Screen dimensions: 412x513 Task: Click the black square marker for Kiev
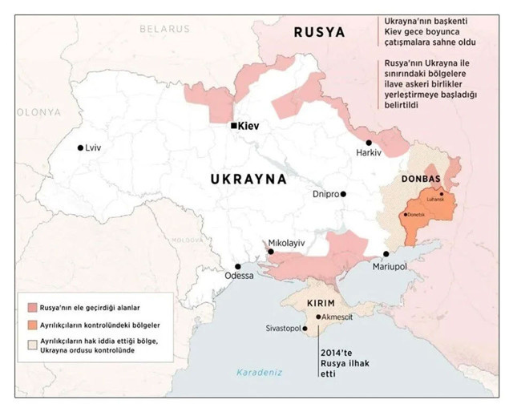(233, 126)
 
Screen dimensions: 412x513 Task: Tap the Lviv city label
(95, 148)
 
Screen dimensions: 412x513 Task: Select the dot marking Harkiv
(369, 142)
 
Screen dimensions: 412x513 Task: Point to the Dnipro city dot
(342, 193)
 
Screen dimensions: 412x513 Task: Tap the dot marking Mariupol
(386, 254)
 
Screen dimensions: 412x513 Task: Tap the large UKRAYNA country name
(248, 180)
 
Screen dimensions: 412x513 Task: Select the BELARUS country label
(164, 28)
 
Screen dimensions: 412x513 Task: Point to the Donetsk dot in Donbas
(405, 214)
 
